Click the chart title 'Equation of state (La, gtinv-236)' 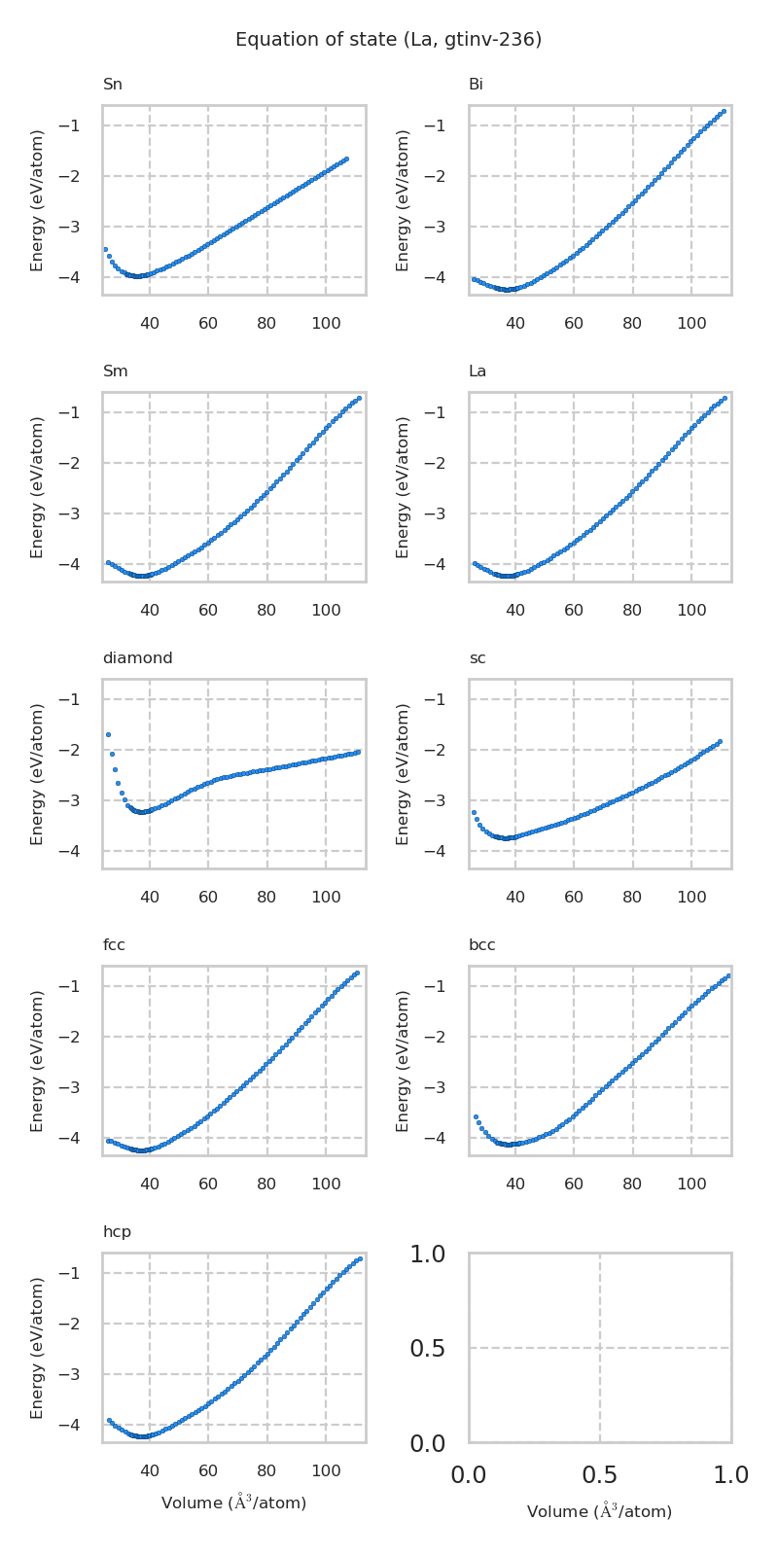point(388,40)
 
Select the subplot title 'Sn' point(113,85)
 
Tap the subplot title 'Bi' point(476,85)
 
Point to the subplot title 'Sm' point(115,371)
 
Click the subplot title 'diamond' point(137,658)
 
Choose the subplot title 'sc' point(477,658)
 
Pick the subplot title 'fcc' point(114,945)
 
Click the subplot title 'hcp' point(117,1232)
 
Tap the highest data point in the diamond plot point(108,734)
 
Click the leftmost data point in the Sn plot point(105,250)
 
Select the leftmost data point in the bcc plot point(476,1116)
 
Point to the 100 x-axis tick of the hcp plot point(326,1470)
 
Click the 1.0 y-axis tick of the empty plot point(427,1255)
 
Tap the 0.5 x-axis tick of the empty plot point(600,1475)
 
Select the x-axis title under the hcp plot point(233,1503)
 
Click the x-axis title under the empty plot point(599,1512)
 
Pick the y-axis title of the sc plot point(404,773)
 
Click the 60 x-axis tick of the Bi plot point(574,323)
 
